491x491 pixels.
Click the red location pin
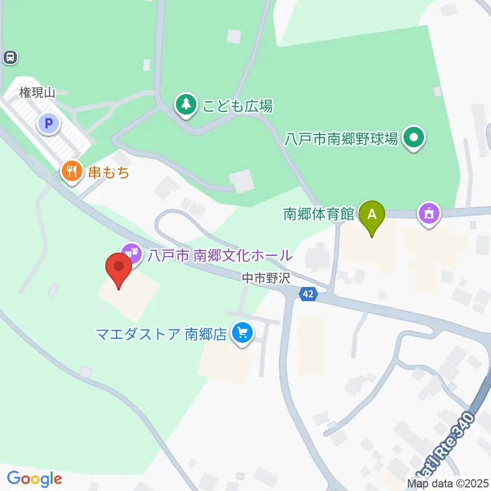[119, 270]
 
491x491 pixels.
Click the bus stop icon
[10, 57]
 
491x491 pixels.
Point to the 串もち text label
[108, 172]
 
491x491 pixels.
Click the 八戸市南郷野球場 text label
[342, 138]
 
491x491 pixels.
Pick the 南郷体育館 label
[319, 213]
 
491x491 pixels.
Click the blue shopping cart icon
[242, 334]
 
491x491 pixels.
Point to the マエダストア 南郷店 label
[161, 334]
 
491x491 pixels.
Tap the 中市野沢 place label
[266, 278]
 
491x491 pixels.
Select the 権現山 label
[37, 93]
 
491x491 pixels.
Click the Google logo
[34, 479]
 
